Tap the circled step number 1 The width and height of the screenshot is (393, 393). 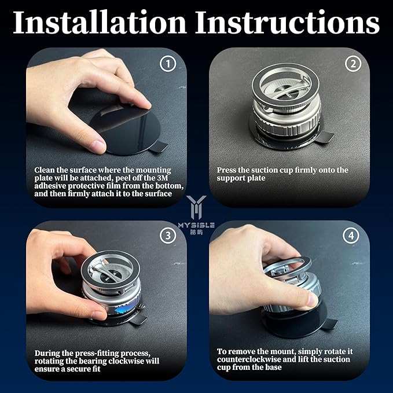coord(167,64)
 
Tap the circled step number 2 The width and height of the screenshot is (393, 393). coord(352,64)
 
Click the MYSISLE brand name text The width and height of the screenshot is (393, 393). coord(196,225)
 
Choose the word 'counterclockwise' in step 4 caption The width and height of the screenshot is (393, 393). coord(249,359)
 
